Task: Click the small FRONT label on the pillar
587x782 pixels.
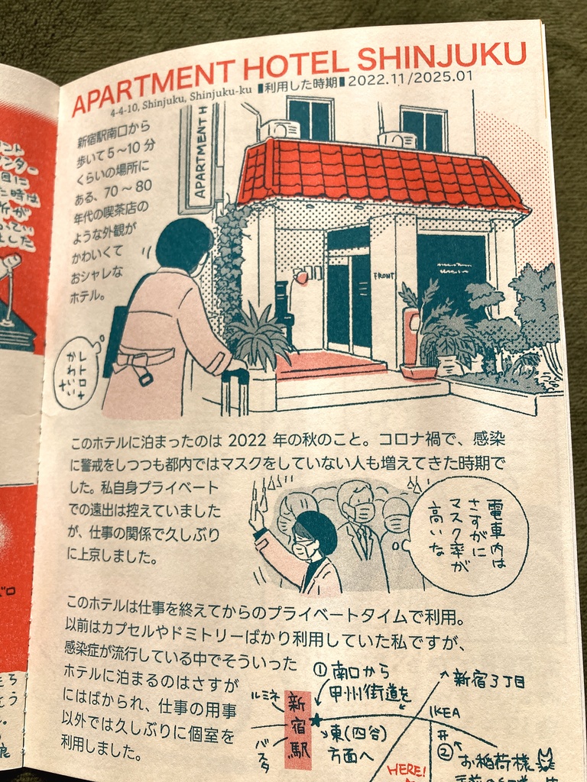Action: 384,275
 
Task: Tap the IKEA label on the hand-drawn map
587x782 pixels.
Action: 446,712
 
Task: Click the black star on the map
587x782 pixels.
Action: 315,719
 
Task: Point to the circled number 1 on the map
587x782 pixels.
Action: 320,669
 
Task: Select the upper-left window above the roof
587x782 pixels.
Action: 310,118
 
